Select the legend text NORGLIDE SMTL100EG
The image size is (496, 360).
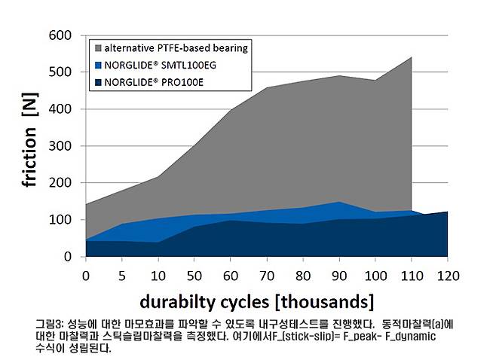point(153,65)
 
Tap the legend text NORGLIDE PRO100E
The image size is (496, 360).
point(147,82)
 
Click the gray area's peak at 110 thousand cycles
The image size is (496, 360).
point(412,57)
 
